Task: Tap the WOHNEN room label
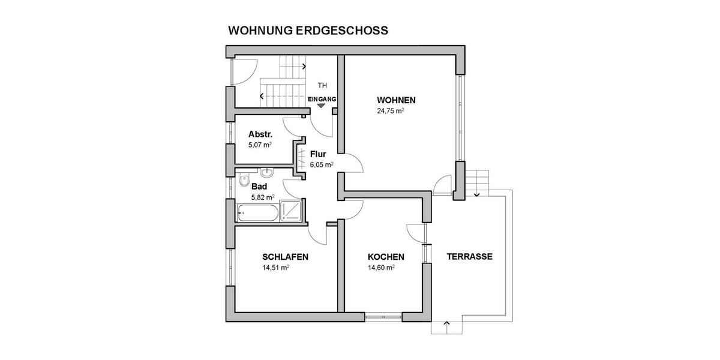(396, 100)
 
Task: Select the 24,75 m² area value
(390, 111)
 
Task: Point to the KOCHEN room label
(386, 257)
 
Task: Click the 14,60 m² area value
(381, 268)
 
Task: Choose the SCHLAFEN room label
(286, 257)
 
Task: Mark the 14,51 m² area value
(276, 268)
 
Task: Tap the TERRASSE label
(469, 256)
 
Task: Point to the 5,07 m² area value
(260, 145)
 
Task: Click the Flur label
(317, 154)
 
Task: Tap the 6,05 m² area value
(322, 164)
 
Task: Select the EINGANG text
(322, 98)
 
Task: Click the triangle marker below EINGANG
(322, 106)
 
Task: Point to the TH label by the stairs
(322, 85)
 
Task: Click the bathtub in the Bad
(257, 211)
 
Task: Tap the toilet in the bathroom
(242, 181)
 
